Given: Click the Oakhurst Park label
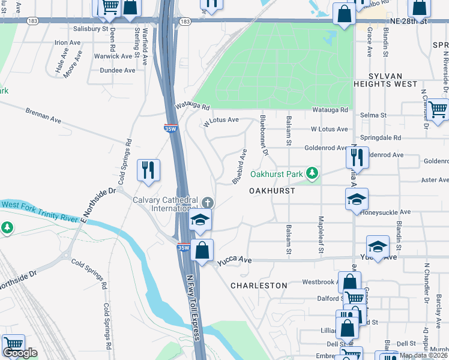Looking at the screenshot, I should [x=277, y=175].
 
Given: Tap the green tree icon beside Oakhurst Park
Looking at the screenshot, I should [x=312, y=174].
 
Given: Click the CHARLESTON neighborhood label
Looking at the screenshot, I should [x=259, y=286].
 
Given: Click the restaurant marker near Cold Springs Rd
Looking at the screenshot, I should [x=148, y=169].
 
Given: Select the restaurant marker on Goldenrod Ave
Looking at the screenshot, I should [x=357, y=157].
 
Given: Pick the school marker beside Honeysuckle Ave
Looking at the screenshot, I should [x=357, y=199].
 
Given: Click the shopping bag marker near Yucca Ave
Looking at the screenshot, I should [x=203, y=250].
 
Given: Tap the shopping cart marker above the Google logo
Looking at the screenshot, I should [x=13, y=344].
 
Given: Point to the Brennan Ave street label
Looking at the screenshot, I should [x=43, y=115].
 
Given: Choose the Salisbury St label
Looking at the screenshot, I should [x=90, y=28].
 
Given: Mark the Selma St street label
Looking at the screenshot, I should [x=372, y=115].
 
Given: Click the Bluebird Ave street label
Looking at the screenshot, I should [x=240, y=167].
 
